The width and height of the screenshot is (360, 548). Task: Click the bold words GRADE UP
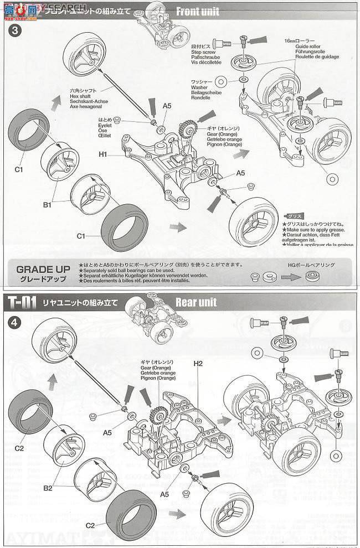tap(43, 269)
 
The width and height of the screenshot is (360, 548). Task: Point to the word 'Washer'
tap(199, 87)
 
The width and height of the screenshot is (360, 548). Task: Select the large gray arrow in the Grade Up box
tap(289, 275)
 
